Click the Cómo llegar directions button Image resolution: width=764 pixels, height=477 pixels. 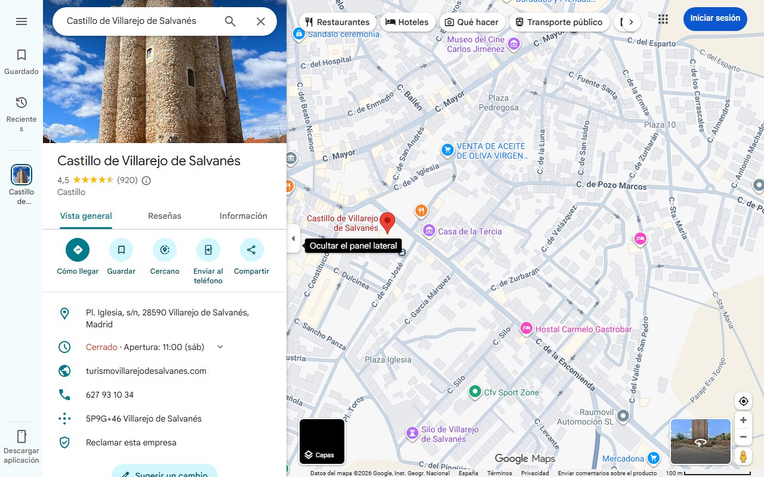78,250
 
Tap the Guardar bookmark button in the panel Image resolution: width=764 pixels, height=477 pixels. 121,250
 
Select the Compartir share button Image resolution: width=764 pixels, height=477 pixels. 251,250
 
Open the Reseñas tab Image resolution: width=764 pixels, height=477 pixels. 165,216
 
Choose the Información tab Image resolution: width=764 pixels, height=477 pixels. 243,216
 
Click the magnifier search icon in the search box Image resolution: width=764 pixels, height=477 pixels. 230,21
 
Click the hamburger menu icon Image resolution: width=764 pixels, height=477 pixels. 21,21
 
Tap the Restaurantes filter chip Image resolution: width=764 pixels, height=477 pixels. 337,22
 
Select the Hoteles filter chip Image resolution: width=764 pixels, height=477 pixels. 407,22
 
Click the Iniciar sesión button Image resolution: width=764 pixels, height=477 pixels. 715,18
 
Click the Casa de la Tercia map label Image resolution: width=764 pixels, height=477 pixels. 469,231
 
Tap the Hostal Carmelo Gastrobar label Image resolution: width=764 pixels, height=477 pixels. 583,329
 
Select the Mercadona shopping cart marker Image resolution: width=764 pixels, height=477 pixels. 654,459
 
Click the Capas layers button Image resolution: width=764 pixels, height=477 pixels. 322,442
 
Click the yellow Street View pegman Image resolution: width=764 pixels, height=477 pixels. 743,457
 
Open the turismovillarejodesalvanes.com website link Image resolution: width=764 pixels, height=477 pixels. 146,371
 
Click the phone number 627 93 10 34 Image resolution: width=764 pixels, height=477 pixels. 110,395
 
